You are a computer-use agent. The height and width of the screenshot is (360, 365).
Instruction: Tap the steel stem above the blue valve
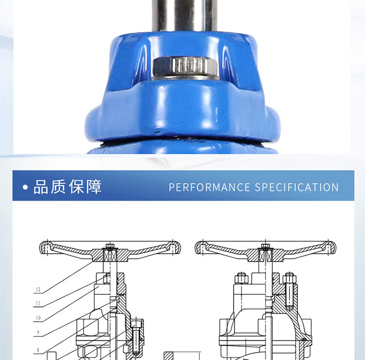click(184, 15)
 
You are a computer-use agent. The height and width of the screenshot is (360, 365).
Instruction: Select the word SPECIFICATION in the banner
click(296, 187)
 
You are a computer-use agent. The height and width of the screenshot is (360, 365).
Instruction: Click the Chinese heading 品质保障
click(68, 187)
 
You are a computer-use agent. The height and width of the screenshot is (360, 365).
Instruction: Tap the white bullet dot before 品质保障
click(25, 187)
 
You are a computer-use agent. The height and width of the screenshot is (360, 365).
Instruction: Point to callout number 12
click(38, 289)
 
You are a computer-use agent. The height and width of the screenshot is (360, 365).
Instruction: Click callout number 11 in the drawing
click(38, 303)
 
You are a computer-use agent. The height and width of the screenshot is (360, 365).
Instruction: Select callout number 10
click(38, 318)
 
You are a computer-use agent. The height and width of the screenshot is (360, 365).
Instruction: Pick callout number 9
click(38, 333)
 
